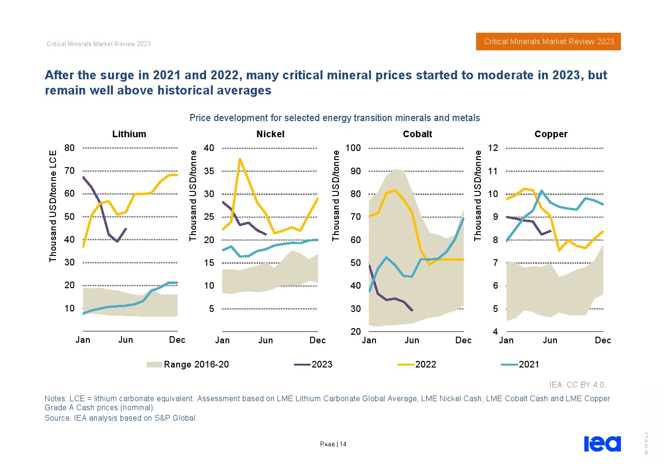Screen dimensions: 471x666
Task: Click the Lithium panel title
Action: point(129,134)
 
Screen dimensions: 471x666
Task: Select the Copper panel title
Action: point(551,134)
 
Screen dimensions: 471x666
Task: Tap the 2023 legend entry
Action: point(313,365)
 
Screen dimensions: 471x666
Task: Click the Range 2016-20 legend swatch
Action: point(154,365)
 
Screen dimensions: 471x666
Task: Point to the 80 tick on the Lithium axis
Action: point(70,148)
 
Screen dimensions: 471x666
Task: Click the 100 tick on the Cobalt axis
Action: point(353,148)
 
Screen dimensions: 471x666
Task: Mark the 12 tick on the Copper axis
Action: point(493,148)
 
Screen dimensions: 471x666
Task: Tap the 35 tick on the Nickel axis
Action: point(209,171)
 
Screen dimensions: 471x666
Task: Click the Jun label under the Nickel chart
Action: point(265,340)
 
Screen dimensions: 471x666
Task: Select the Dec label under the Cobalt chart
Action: point(463,340)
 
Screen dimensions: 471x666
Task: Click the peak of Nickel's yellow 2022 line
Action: point(240,159)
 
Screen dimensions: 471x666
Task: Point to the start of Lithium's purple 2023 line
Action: point(84,177)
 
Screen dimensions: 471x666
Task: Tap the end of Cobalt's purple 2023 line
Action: point(412,311)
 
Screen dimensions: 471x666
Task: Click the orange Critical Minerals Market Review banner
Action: point(548,42)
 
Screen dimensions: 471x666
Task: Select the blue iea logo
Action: point(602,444)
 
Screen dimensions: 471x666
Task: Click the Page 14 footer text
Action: point(333,444)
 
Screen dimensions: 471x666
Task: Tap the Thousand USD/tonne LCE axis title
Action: point(53,206)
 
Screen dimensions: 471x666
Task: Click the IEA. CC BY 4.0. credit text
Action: point(577,385)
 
